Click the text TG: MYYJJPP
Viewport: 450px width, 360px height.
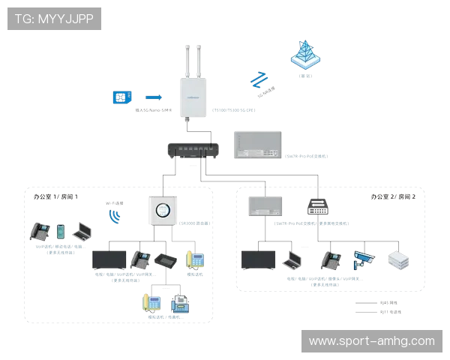click(x=53, y=19)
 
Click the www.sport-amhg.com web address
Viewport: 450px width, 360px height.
click(x=371, y=341)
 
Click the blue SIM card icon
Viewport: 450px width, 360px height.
click(x=120, y=97)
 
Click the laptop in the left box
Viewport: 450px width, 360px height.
click(x=84, y=232)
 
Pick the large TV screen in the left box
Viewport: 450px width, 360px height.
click(x=109, y=259)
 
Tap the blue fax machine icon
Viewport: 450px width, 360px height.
click(x=180, y=303)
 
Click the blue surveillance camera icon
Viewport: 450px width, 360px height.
click(x=363, y=259)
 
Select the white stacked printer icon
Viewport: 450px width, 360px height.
click(x=397, y=259)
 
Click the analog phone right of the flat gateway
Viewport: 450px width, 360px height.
click(x=196, y=261)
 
